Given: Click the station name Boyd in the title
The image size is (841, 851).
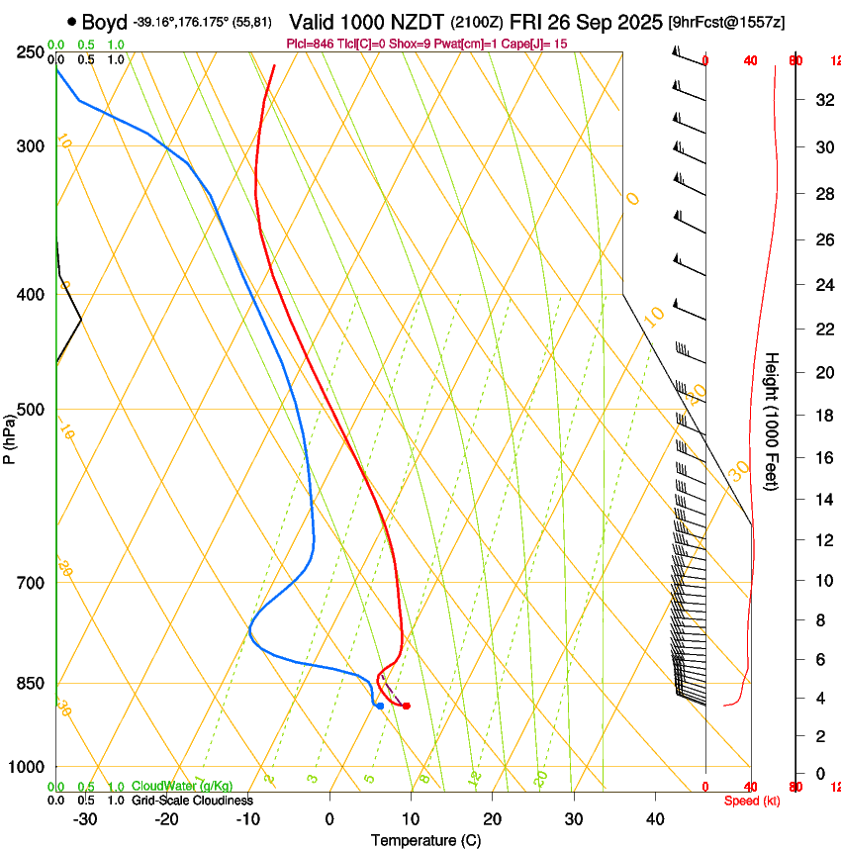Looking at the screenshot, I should (104, 22).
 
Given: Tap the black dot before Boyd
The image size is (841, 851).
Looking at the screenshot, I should (72, 22).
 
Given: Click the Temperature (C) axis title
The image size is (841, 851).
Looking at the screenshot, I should (425, 840).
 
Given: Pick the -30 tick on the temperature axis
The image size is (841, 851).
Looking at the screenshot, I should (85, 819).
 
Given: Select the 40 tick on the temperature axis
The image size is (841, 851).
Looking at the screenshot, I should (655, 819).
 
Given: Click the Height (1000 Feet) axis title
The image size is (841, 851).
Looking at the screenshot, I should (772, 421).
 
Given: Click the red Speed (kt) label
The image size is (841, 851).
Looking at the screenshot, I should (752, 801).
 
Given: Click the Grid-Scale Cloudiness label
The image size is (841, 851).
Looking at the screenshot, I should (192, 801).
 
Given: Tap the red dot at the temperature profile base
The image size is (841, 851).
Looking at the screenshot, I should (406, 706).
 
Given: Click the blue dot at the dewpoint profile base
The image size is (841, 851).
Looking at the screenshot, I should (379, 706).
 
